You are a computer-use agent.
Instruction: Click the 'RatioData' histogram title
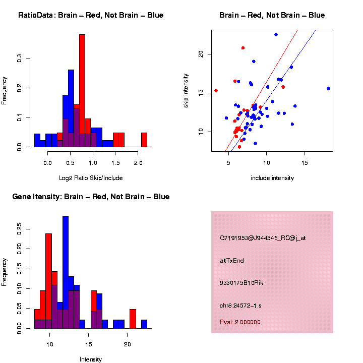click(91, 15)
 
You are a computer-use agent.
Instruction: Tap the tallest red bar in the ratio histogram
click(82, 91)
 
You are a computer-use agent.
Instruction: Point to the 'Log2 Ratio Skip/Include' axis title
click(91, 178)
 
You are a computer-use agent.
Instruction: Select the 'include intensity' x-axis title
click(272, 178)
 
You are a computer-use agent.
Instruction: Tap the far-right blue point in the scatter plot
click(328, 88)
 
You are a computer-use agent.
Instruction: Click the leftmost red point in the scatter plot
click(216, 90)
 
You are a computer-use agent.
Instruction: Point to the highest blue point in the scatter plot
click(276, 34)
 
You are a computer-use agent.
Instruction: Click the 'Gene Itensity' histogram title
click(91, 197)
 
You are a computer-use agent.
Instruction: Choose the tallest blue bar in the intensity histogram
click(65, 272)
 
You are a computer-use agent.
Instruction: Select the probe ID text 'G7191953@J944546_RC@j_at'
click(263, 238)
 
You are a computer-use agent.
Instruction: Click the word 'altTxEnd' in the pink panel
click(232, 261)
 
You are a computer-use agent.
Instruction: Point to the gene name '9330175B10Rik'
click(241, 283)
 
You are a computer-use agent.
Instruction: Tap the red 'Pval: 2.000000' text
click(240, 322)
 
